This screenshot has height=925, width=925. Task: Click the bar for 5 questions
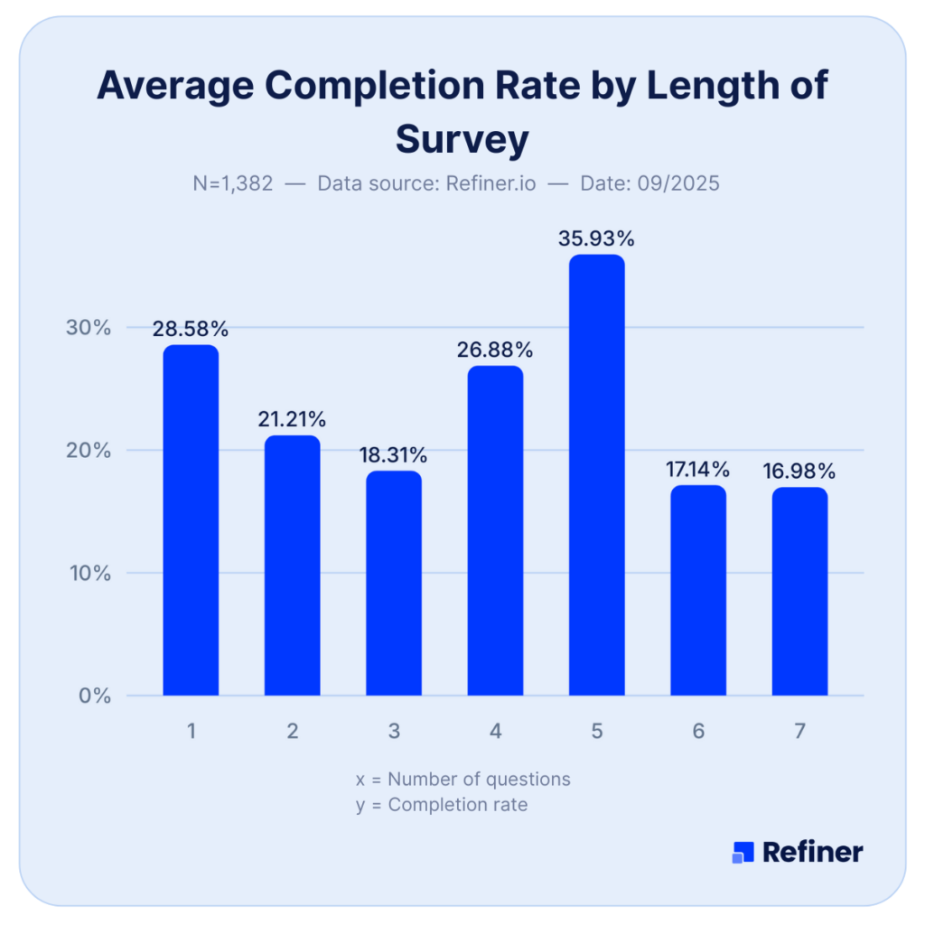(596, 475)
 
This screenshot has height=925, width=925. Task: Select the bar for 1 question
(191, 520)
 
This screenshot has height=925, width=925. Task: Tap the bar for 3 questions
(394, 583)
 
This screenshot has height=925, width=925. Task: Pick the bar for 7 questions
(799, 591)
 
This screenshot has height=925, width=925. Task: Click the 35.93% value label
(596, 239)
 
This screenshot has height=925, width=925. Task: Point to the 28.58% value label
(191, 329)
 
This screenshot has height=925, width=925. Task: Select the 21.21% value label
(292, 419)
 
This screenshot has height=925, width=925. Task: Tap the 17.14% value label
(697, 470)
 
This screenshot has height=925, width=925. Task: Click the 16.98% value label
(799, 471)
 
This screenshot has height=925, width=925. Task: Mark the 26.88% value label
(495, 350)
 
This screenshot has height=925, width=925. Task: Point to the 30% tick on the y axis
(89, 327)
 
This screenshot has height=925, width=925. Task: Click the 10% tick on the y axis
(89, 573)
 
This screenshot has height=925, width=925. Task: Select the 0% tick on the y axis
(93, 696)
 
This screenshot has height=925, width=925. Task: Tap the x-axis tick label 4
(495, 732)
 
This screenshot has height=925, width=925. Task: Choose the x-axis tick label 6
(698, 732)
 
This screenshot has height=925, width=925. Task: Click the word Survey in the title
(462, 140)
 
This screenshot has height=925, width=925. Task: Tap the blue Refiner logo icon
(743, 852)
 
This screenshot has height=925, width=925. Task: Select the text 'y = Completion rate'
(441, 805)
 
